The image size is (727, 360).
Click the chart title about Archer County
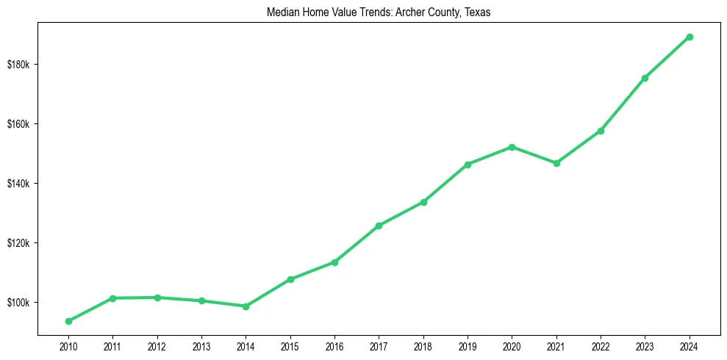tap(363, 12)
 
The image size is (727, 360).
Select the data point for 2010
tap(68, 321)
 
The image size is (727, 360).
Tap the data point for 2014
tap(246, 306)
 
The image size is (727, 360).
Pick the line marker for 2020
tap(512, 147)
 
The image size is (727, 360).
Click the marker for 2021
tap(556, 163)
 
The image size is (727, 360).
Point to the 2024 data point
tap(690, 37)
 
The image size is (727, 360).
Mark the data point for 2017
tap(379, 226)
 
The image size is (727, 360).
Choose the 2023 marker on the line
tap(645, 78)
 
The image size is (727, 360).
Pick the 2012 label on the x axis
tap(157, 345)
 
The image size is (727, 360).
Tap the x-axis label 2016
tap(334, 345)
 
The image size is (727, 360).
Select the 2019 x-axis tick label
tap(468, 345)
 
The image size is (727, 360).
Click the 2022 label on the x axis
tap(601, 345)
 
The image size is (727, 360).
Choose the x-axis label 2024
tap(690, 345)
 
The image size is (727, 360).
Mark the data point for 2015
tap(290, 279)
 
